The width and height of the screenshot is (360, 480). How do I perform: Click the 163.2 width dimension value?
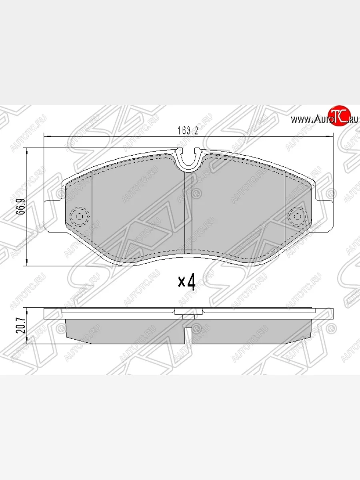click(188, 130)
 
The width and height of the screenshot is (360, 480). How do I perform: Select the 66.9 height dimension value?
click(18, 206)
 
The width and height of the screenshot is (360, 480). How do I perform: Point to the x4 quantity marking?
click(186, 282)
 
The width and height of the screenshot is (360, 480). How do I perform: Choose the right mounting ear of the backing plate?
click(324, 216)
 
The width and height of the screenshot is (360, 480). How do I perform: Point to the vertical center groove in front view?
click(188, 212)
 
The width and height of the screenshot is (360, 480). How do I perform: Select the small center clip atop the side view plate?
click(188, 312)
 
